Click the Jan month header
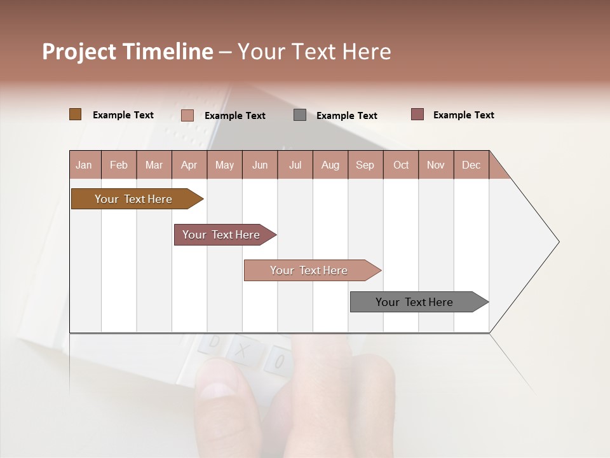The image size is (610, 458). point(84,165)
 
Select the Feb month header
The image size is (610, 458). point(119,165)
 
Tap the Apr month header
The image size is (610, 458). point(189,165)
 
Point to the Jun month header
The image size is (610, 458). point(260,165)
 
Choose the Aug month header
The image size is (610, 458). point(330,165)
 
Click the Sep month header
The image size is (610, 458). point(365,165)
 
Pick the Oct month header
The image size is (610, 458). point(401,165)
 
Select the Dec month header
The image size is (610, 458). point(471,165)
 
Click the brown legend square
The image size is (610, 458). point(76,114)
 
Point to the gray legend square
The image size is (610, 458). point(300,115)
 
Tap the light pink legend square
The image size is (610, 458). point(187,115)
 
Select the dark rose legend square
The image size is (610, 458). point(417,114)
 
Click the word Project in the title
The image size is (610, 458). point(79,52)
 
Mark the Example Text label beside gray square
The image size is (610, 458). point(346,116)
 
